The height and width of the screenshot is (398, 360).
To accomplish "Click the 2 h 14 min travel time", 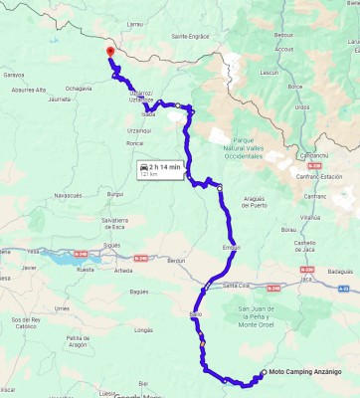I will click(x=165, y=167).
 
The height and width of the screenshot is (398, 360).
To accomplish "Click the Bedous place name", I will click(x=282, y=34).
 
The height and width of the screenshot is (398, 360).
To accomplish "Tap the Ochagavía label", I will click(x=79, y=89).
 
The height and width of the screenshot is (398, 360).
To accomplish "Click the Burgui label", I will click(x=115, y=194).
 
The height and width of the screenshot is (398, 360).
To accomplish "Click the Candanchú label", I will click(x=315, y=155).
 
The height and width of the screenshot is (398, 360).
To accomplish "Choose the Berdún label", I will click(x=176, y=261).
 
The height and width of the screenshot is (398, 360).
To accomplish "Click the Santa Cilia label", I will click(x=235, y=286).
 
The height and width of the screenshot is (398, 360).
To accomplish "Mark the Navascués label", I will click(x=68, y=195).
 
